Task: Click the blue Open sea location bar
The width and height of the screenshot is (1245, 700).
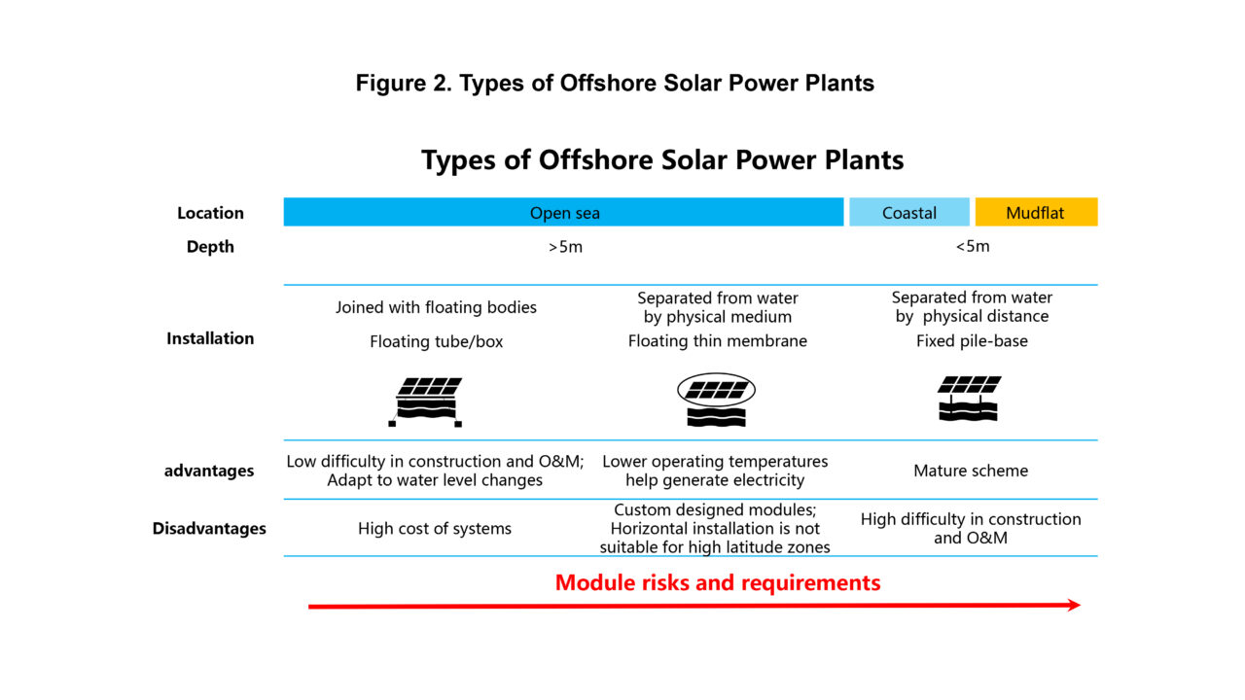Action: tap(564, 212)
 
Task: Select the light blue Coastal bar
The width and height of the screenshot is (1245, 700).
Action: tap(908, 212)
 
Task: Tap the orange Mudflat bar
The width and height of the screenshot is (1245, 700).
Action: tap(1036, 212)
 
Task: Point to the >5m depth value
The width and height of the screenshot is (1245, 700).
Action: tap(565, 246)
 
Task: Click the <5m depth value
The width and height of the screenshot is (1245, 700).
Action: tap(972, 246)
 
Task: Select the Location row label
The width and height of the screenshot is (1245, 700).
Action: tap(210, 213)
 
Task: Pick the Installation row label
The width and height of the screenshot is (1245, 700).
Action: tap(210, 338)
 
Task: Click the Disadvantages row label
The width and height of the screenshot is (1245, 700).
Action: tap(209, 529)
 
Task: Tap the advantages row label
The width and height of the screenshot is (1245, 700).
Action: tap(209, 471)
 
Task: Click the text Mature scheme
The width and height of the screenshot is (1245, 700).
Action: tap(971, 471)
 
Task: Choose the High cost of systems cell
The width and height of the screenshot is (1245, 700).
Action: tap(435, 529)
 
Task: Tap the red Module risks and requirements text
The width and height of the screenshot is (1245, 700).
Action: tap(718, 582)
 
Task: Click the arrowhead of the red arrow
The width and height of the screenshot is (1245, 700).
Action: tap(1073, 605)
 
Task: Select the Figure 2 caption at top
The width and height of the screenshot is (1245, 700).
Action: tap(615, 84)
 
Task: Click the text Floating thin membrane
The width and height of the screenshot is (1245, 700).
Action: tap(718, 341)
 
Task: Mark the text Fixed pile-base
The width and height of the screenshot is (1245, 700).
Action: tap(972, 341)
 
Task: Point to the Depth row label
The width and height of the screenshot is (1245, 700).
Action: tap(210, 247)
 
